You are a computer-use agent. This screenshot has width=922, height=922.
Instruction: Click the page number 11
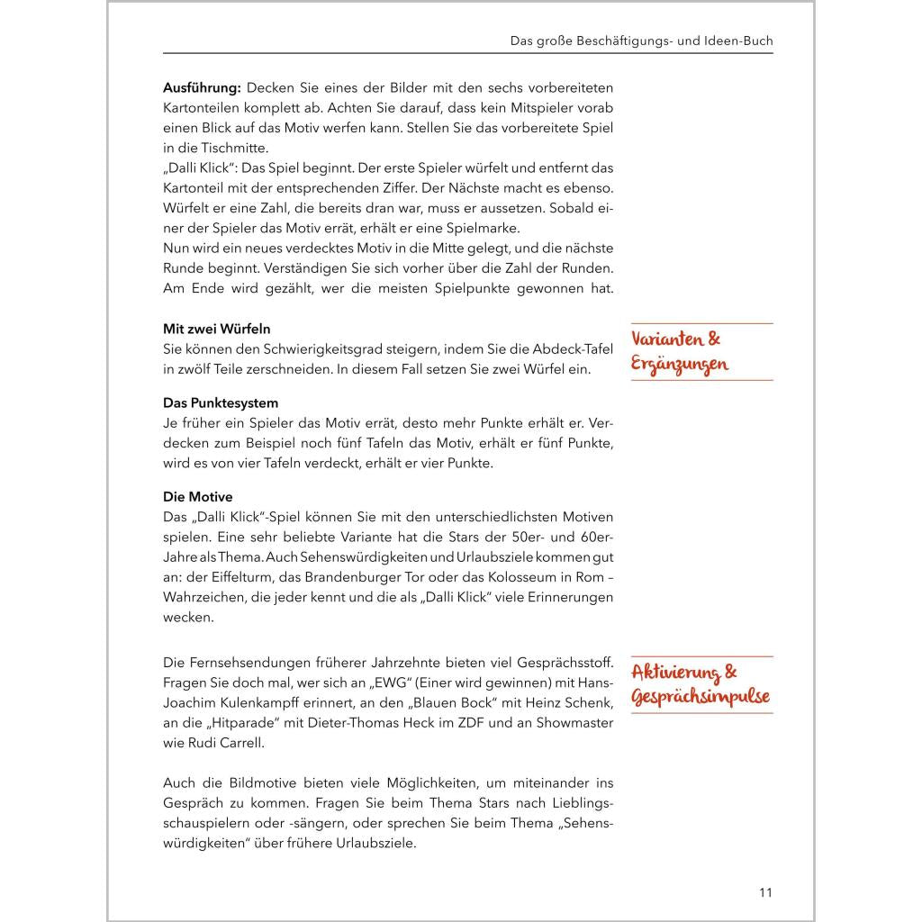coord(764,892)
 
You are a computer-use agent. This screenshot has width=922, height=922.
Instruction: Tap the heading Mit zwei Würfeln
coord(216,329)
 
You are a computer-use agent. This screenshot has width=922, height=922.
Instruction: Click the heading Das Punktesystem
coord(221,403)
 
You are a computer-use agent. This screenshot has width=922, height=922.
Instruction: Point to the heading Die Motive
coord(197,497)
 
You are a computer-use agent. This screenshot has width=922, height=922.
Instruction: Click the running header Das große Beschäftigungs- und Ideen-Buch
coord(641,41)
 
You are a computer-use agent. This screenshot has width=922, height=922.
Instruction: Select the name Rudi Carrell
coord(224,743)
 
